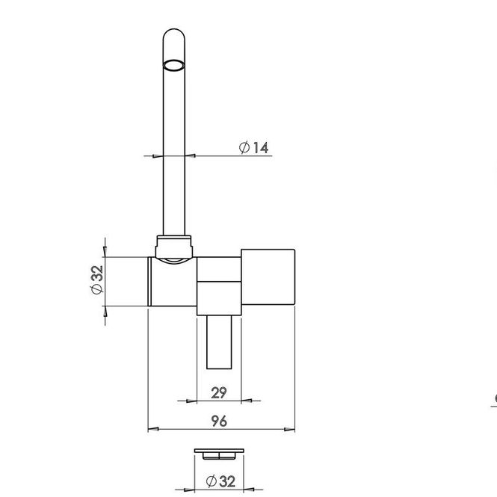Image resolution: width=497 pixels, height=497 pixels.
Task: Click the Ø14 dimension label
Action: (253, 148)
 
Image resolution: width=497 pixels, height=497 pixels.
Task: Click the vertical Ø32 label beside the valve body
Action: (97, 280)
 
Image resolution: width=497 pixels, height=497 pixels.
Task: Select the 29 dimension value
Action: (219, 392)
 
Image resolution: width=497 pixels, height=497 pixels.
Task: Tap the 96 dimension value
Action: (219, 421)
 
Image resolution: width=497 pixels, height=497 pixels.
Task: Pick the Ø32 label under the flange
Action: (220, 481)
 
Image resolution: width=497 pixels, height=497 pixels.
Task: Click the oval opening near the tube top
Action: (173, 65)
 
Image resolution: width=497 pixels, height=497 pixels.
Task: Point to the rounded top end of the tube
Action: (173, 34)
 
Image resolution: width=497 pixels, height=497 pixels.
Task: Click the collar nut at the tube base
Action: (174, 247)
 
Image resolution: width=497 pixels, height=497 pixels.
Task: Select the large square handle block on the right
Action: (268, 277)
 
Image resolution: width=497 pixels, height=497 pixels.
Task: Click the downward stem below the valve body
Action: (219, 342)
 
